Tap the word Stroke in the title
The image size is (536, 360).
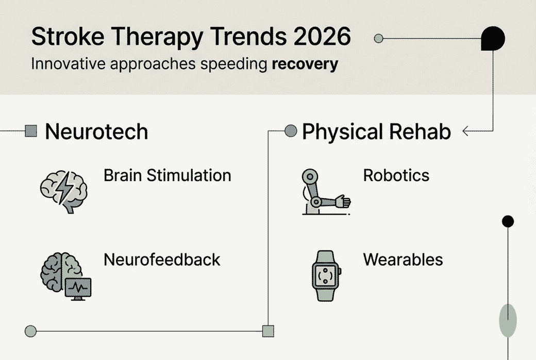tap(68, 36)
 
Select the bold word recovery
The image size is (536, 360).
tap(305, 64)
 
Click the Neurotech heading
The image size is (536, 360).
tap(97, 132)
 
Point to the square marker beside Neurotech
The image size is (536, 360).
tap(31, 131)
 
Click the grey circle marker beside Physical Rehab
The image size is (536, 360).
tap(291, 130)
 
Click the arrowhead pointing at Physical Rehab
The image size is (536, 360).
tap(465, 131)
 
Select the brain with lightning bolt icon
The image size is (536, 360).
tap(63, 192)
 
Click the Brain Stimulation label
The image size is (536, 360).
tap(167, 175)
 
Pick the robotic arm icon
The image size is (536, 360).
tap(326, 192)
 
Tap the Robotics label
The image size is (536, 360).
tap(396, 175)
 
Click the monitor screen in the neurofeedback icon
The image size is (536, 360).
tap(78, 288)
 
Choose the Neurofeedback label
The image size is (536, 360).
tap(162, 260)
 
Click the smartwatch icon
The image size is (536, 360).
tap(326, 276)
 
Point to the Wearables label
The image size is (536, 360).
tap(403, 260)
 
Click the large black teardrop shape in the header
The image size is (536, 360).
tap(493, 38)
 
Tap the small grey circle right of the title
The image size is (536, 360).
tap(378, 38)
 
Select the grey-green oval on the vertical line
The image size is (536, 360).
tap(508, 320)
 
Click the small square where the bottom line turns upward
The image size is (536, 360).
tap(268, 331)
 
